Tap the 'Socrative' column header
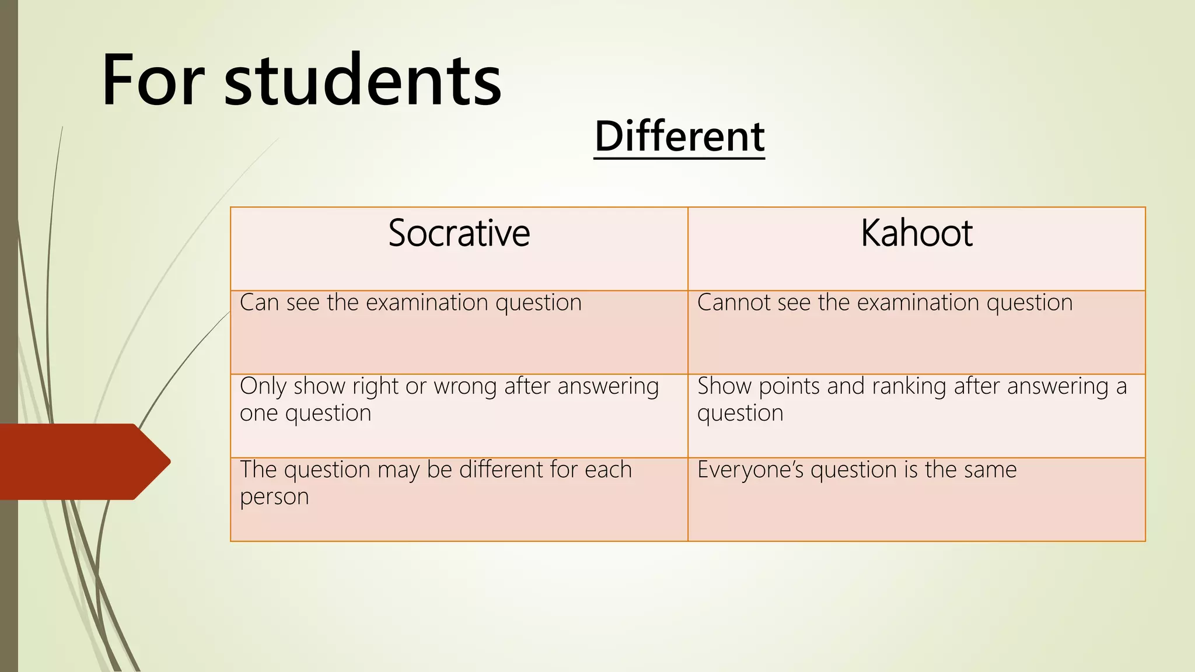pos(459,233)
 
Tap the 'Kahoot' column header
pos(916,233)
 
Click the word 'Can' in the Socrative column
pos(259,303)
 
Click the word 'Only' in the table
pos(263,386)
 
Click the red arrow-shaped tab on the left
pos(82,461)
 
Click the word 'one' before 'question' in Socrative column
pos(259,414)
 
